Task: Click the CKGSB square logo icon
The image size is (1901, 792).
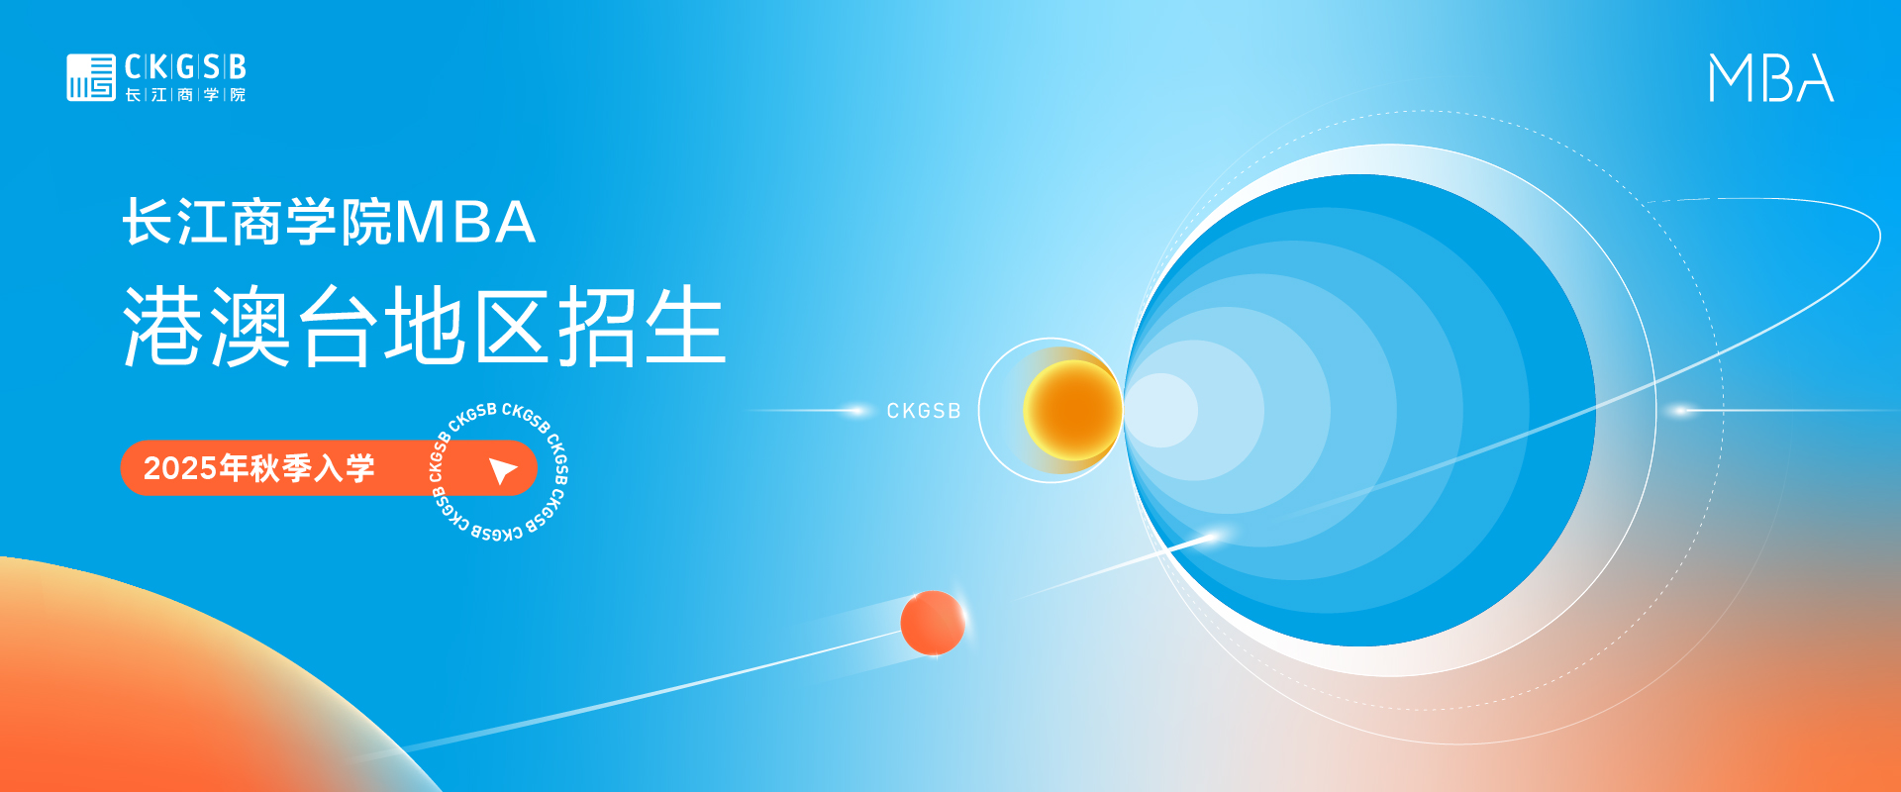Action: (91, 77)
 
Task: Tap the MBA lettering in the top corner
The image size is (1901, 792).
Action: (1771, 78)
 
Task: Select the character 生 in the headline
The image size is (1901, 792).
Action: (686, 327)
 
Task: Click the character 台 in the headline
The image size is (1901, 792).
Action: (339, 327)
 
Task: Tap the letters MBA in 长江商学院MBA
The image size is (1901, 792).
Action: (465, 222)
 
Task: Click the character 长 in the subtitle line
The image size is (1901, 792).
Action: (149, 222)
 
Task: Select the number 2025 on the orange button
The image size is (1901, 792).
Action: (180, 468)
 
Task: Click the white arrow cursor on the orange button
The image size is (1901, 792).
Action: (503, 470)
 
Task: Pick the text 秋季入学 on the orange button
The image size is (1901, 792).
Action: (312, 468)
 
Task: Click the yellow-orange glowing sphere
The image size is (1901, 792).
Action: (1072, 410)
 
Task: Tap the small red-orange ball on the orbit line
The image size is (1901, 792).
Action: (933, 623)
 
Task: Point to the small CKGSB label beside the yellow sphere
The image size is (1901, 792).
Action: (924, 411)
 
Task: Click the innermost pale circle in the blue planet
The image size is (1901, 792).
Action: (1160, 410)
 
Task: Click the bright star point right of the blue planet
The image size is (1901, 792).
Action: (1679, 410)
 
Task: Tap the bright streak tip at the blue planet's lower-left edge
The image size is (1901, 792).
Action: (1211, 537)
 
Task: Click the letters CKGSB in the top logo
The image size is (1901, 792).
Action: (185, 67)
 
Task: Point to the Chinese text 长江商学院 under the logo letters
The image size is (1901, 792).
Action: (185, 95)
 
